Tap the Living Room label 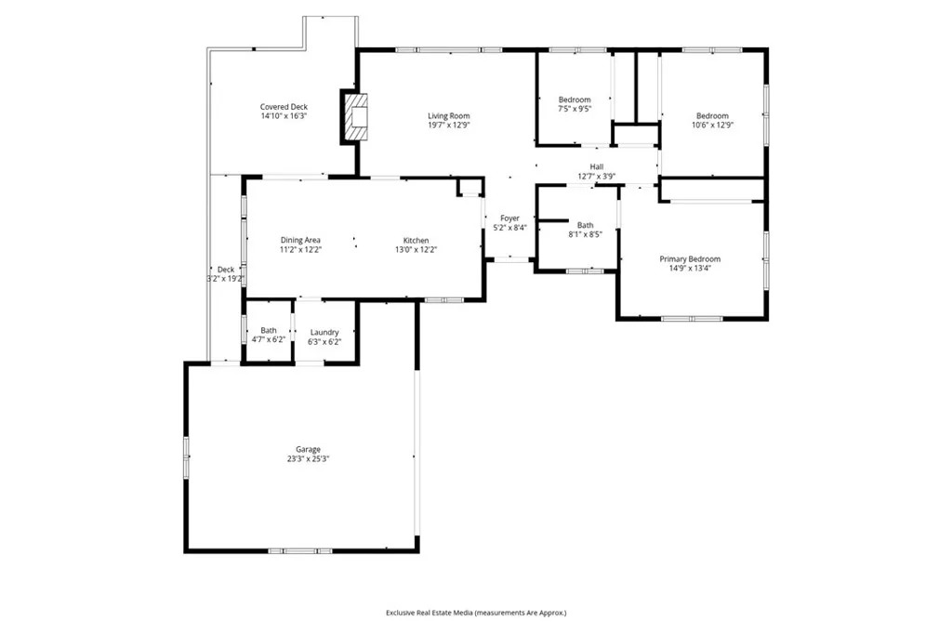pyautogui.click(x=448, y=116)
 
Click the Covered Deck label pyautogui.click(x=284, y=107)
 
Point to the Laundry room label pyautogui.click(x=324, y=332)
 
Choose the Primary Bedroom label pyautogui.click(x=690, y=259)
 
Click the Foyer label pyautogui.click(x=509, y=218)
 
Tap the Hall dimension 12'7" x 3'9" pyautogui.click(x=596, y=176)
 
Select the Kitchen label pyautogui.click(x=415, y=240)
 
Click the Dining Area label pyautogui.click(x=300, y=240)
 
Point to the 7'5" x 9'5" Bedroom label pyautogui.click(x=574, y=99)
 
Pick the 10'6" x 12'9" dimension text pyautogui.click(x=712, y=125)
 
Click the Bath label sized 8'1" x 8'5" pyautogui.click(x=585, y=225)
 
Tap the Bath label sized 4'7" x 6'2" pyautogui.click(x=268, y=331)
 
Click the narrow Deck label pyautogui.click(x=226, y=270)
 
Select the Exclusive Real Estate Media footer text pyautogui.click(x=476, y=613)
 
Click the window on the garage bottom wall pyautogui.click(x=300, y=551)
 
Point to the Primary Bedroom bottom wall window pyautogui.click(x=692, y=319)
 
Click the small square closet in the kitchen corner pyautogui.click(x=470, y=187)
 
